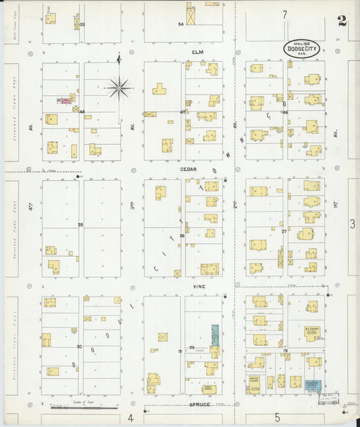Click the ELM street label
point(197,51)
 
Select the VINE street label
point(197,286)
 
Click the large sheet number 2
point(342,21)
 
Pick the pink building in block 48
point(63,101)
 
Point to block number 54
point(180,24)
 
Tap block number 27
point(284,231)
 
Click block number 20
point(79,346)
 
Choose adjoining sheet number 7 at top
point(285,14)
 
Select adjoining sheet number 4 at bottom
point(130,418)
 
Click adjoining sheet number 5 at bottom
point(277,418)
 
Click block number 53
point(82,25)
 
